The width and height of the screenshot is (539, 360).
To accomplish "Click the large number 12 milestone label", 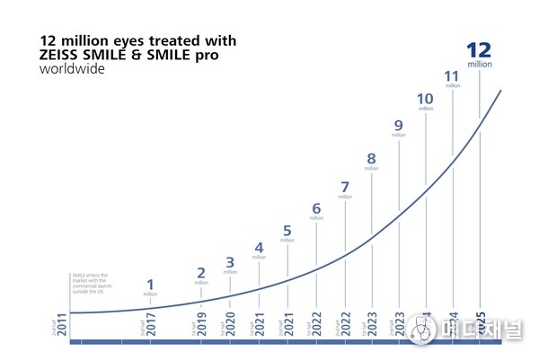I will tap(480, 50).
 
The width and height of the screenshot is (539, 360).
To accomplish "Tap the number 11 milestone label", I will tap(452, 75).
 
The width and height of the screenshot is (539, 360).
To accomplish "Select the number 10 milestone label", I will tap(426, 99).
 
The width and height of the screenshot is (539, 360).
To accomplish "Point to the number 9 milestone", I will tap(398, 125).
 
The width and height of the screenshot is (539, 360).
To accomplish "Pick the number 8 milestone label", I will tap(371, 159).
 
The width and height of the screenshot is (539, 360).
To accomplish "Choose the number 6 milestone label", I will tap(316, 208).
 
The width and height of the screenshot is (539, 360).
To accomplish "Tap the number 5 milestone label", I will tap(287, 230).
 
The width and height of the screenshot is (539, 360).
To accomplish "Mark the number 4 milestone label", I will tap(259, 247).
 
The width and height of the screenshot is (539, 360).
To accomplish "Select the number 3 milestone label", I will tap(230, 262).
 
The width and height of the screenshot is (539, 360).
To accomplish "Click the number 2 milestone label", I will tap(201, 273).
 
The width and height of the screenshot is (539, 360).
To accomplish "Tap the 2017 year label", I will tap(150, 325).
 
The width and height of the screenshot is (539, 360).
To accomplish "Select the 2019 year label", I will tap(201, 325).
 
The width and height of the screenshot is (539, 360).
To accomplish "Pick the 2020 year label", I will tap(230, 325).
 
